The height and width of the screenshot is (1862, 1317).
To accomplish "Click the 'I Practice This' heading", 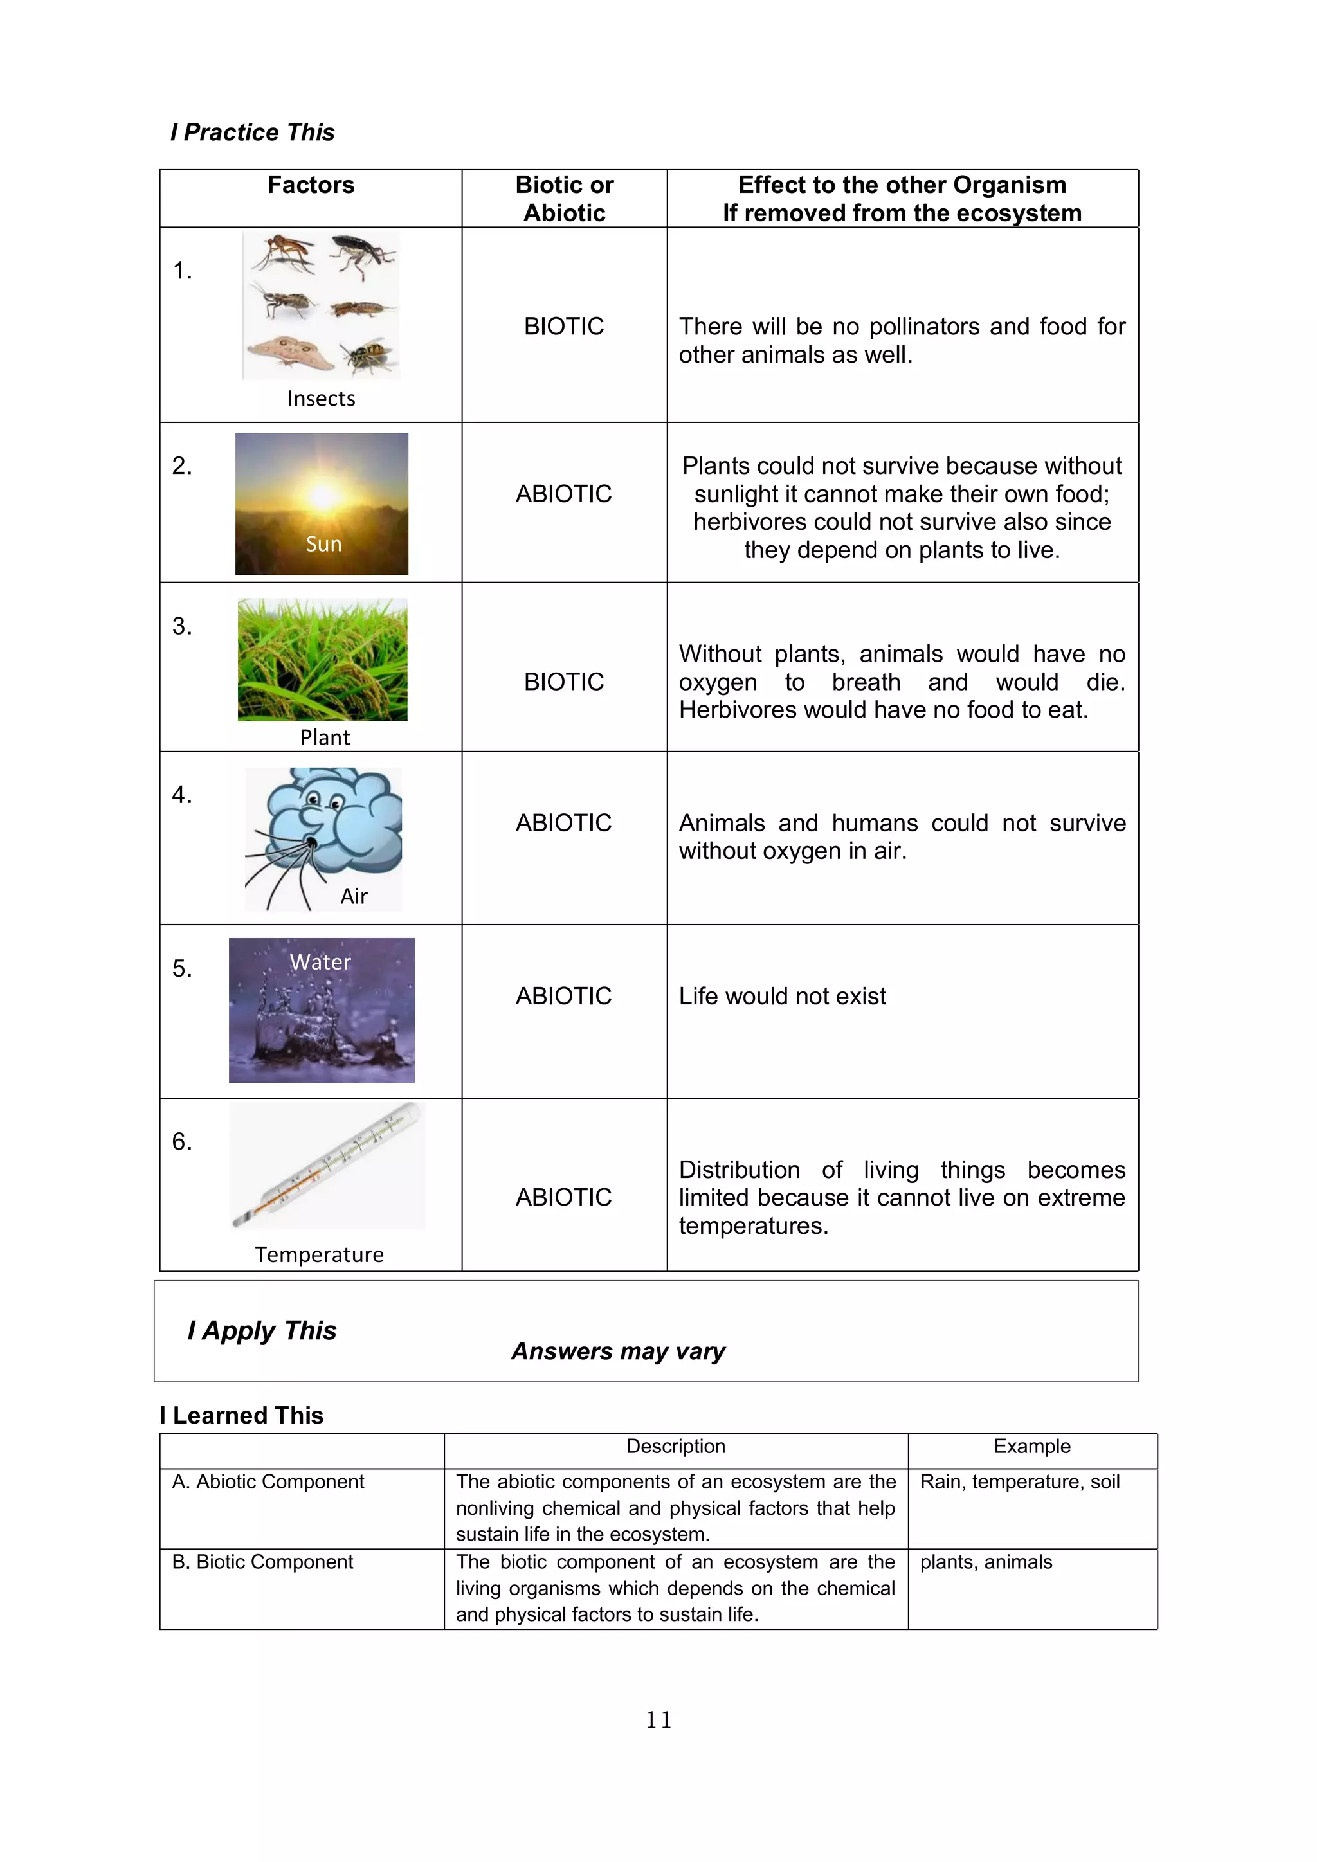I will [252, 132].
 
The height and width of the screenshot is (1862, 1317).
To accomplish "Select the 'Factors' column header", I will [311, 186].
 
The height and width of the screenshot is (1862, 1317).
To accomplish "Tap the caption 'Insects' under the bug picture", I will [321, 399].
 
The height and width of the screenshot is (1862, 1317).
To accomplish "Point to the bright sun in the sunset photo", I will [323, 494].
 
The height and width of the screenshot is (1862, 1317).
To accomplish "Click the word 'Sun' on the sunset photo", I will [323, 544].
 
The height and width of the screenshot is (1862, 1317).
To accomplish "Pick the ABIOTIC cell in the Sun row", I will [563, 494].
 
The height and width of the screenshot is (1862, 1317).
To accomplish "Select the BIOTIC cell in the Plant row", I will [563, 682].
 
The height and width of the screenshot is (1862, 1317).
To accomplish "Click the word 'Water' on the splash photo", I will [320, 963].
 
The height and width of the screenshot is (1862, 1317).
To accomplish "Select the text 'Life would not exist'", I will [782, 997].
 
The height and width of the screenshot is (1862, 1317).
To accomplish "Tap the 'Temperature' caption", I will [320, 1256].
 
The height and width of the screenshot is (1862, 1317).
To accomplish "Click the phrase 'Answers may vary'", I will [618, 1352].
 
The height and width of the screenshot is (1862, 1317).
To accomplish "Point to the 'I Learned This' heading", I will [242, 1416].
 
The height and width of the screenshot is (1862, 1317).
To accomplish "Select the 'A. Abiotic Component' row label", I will [268, 1483].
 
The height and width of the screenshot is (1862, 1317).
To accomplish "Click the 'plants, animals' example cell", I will [986, 1563].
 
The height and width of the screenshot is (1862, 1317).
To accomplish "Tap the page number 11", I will [658, 1720].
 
